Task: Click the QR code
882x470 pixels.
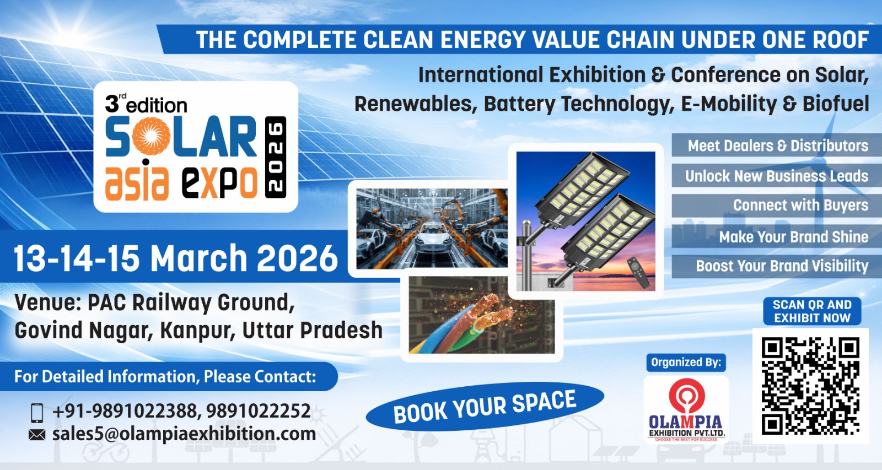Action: coord(810,386)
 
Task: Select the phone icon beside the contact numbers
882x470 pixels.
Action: coord(36,413)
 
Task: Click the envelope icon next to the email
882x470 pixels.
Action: coord(37,435)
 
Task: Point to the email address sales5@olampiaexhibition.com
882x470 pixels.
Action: coord(184,434)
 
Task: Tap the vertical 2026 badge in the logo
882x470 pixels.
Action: coord(276,157)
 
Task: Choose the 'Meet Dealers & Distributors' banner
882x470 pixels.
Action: coord(777,145)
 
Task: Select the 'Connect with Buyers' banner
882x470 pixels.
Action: coord(777,205)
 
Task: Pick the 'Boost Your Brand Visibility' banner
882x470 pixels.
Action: coord(777,266)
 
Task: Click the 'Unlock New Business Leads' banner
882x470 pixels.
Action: coord(777,176)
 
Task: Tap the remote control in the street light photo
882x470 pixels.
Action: coord(638,272)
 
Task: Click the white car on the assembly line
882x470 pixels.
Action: coord(432,237)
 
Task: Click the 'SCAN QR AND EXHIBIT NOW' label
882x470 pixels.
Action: coord(812,311)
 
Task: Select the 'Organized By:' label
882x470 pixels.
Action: coord(686,362)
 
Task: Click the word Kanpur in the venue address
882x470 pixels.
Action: coord(198,331)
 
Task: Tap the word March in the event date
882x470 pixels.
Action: coord(199,258)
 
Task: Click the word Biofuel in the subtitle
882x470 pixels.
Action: coord(836,104)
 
